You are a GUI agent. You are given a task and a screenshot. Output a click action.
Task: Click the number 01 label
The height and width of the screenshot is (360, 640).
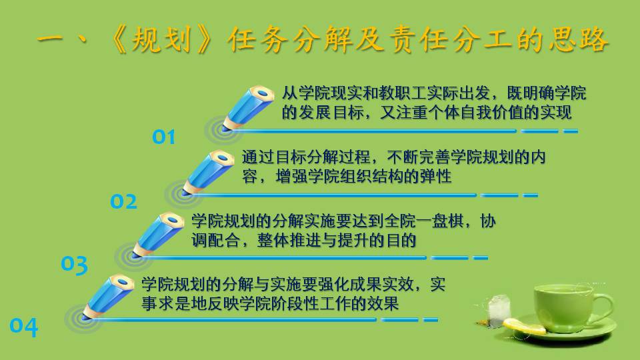[x=164, y=137]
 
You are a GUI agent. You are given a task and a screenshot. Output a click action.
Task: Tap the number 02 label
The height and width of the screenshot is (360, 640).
[x=124, y=201]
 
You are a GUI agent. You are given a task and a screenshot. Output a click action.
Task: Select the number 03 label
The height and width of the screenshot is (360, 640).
[x=74, y=265]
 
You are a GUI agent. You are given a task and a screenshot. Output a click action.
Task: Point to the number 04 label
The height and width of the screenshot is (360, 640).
[x=24, y=327]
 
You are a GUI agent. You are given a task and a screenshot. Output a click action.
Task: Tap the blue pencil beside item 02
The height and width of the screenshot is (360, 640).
[x=208, y=172]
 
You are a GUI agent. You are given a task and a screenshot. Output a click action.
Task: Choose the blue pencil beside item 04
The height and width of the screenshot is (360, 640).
[x=108, y=297]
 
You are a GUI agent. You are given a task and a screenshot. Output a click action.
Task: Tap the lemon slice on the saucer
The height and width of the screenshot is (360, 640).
[x=524, y=327]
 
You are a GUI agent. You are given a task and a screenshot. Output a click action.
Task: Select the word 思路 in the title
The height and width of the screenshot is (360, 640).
[x=579, y=39]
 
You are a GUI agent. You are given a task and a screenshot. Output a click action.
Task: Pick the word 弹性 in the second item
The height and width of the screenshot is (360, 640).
[x=436, y=176]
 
